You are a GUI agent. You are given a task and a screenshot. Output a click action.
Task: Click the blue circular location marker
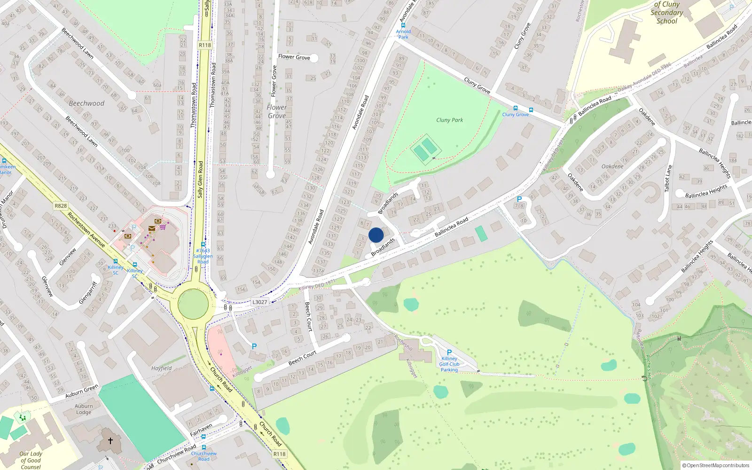pyautogui.click(x=376, y=235)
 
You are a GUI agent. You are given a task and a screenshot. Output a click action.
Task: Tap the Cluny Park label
pyautogui.click(x=449, y=120)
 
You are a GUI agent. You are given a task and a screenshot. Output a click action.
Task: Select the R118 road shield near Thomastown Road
pyautogui.click(x=205, y=45)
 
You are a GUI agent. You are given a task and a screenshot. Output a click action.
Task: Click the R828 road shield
pyautogui.click(x=61, y=205)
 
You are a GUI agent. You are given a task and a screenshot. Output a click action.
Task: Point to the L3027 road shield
pyautogui.click(x=259, y=302)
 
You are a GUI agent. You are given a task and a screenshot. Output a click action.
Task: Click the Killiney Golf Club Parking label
pyautogui.click(x=449, y=364)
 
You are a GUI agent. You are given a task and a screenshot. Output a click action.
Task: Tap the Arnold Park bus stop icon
pyautogui.click(x=403, y=25)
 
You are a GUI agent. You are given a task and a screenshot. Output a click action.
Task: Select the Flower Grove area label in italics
pyautogui.click(x=276, y=111)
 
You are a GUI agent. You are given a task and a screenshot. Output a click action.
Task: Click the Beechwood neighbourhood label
pyautogui.click(x=86, y=103)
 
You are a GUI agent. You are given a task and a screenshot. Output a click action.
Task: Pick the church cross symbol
pyautogui.click(x=110, y=441)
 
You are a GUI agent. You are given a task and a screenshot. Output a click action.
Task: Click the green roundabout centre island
pyautogui.click(x=193, y=304)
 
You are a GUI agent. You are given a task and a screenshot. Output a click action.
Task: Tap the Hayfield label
pyautogui.click(x=161, y=368)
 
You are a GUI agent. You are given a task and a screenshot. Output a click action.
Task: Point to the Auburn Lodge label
pyautogui.click(x=84, y=409)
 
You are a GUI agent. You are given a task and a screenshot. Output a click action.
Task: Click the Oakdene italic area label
pyautogui.click(x=612, y=166)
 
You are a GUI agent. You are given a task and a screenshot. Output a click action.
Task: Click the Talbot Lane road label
pyautogui.click(x=668, y=178)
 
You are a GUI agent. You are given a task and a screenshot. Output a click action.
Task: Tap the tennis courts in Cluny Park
pyautogui.click(x=425, y=149)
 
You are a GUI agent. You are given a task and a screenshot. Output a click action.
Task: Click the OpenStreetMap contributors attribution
pyautogui.click(x=716, y=465)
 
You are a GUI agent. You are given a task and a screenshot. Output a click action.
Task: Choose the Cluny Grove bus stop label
pyautogui.click(x=515, y=114)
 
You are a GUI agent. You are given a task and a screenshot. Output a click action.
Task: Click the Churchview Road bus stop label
pyautogui.click(x=204, y=456)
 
